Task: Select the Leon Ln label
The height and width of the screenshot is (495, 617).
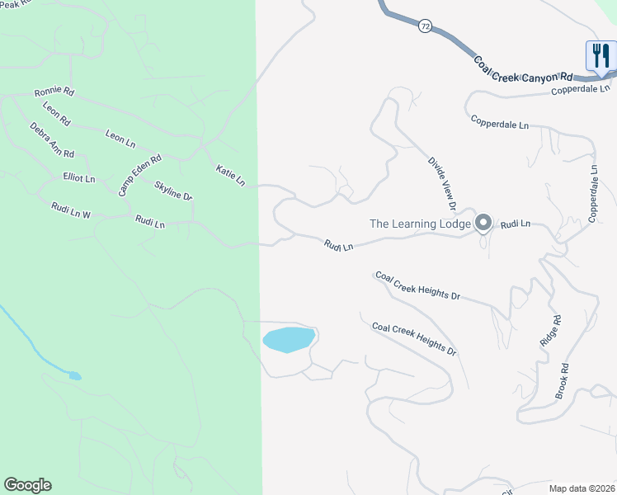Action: click(x=120, y=137)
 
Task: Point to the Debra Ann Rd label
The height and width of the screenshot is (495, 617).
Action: click(x=52, y=140)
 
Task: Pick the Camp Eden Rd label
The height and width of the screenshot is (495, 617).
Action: click(x=139, y=175)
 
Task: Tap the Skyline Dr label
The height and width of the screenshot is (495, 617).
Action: click(x=173, y=191)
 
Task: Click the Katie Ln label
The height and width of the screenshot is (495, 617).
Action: click(x=230, y=175)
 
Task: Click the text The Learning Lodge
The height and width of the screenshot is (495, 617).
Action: click(x=420, y=224)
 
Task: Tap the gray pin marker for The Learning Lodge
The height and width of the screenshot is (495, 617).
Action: click(x=483, y=223)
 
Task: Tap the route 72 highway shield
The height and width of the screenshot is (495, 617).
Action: click(x=424, y=26)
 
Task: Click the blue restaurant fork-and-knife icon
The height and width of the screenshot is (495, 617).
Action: click(x=599, y=56)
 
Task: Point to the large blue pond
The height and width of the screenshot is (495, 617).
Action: click(x=289, y=339)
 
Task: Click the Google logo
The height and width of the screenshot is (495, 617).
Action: click(x=27, y=485)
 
